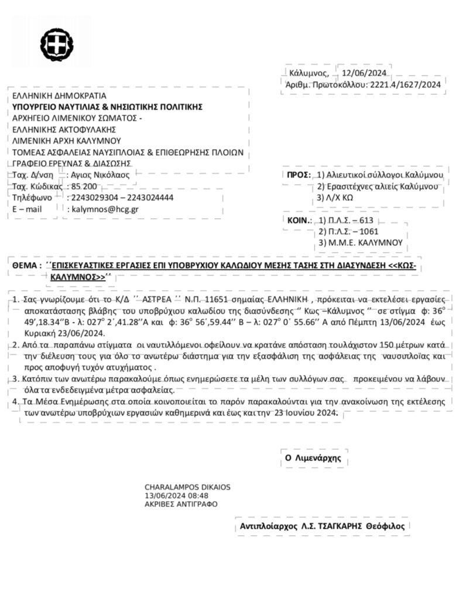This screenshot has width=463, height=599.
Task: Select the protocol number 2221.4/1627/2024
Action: pos(404,84)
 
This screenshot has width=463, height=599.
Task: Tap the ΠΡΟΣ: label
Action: pos(299,175)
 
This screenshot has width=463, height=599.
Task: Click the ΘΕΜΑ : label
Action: pos(27,266)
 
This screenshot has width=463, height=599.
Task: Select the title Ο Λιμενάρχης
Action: pos(313,458)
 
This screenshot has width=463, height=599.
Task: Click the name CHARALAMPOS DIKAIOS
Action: pos(187,487)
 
